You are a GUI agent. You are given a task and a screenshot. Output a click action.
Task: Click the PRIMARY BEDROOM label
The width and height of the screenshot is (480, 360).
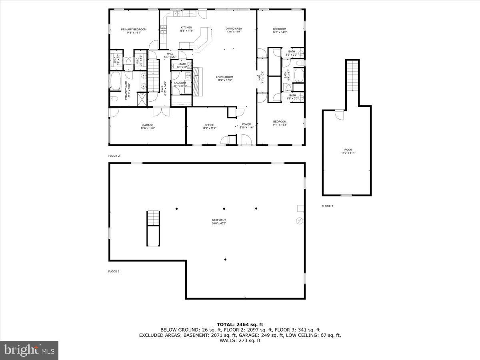(x=134, y=29)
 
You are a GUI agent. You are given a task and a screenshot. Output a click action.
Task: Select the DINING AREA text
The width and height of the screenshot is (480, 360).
(x=234, y=29)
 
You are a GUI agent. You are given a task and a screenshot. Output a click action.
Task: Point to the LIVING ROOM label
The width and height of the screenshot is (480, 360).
(x=224, y=77)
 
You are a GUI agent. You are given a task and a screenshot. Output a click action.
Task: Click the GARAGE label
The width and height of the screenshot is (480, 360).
(x=148, y=125)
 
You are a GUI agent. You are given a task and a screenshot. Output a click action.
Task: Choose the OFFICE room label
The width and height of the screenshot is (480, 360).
(x=209, y=125)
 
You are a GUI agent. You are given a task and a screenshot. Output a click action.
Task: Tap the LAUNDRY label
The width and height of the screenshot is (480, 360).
(x=180, y=83)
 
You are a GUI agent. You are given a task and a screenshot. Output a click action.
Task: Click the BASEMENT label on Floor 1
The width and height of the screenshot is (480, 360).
(x=219, y=220)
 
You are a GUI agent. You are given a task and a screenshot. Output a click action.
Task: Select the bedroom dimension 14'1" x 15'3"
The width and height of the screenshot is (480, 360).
(x=280, y=124)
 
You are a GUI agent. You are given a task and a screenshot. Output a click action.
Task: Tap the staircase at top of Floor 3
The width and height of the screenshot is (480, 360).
(x=352, y=76)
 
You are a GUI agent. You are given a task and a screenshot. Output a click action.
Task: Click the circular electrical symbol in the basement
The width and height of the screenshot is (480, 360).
(x=300, y=221)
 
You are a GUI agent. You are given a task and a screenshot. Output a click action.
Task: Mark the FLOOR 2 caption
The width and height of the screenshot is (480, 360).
(x=114, y=156)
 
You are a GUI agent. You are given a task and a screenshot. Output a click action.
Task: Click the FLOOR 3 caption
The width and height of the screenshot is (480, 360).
(x=327, y=206)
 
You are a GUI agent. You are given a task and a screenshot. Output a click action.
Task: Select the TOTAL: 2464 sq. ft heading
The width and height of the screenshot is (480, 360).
(x=240, y=324)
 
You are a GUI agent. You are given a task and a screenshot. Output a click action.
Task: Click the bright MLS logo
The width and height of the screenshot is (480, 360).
(x=29, y=350)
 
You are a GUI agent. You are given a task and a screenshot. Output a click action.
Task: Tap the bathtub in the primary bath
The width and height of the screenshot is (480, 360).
(x=117, y=81)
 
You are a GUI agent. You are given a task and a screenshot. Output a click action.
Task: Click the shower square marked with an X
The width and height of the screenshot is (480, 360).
(x=142, y=99)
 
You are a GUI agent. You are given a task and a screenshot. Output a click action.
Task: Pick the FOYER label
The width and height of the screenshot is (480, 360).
(x=246, y=124)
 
